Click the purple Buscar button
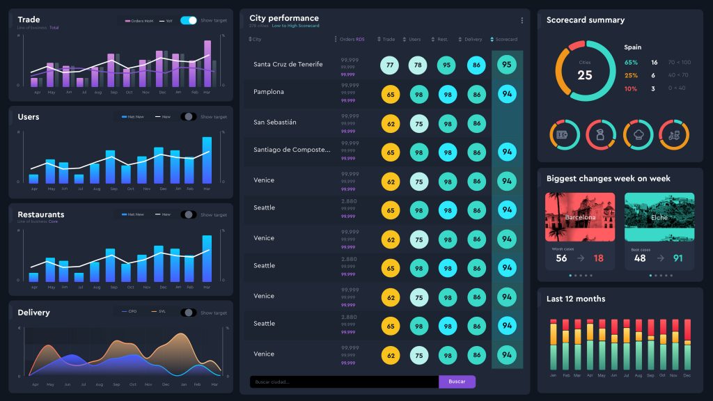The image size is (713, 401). pyautogui.click(x=457, y=382)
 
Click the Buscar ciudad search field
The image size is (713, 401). pyautogui.click(x=344, y=382)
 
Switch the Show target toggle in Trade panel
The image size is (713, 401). pyautogui.click(x=189, y=20)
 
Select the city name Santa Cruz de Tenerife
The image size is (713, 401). pyautogui.click(x=288, y=65)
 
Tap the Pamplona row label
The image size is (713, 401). pyautogui.click(x=269, y=92)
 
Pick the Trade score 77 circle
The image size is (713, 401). pyautogui.click(x=390, y=65)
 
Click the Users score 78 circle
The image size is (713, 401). pyautogui.click(x=418, y=65)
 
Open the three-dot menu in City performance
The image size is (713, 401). pyautogui.click(x=522, y=20)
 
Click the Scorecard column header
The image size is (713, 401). pyautogui.click(x=506, y=39)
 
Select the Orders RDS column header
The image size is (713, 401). pyautogui.click(x=352, y=39)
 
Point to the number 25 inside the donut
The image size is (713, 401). pyautogui.click(x=585, y=74)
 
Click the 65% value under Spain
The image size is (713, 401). pyautogui.click(x=631, y=63)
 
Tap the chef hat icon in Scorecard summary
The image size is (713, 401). pyautogui.click(x=636, y=134)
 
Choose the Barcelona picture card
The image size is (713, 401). pyautogui.click(x=580, y=217)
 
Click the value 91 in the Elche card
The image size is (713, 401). pyautogui.click(x=677, y=258)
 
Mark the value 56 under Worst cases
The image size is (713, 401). pyautogui.click(x=561, y=258)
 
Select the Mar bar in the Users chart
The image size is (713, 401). pyautogui.click(x=207, y=160)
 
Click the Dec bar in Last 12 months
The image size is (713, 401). pyautogui.click(x=687, y=345)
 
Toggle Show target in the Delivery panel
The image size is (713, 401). pyautogui.click(x=189, y=313)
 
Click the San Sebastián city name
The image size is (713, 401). pyautogui.click(x=275, y=123)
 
